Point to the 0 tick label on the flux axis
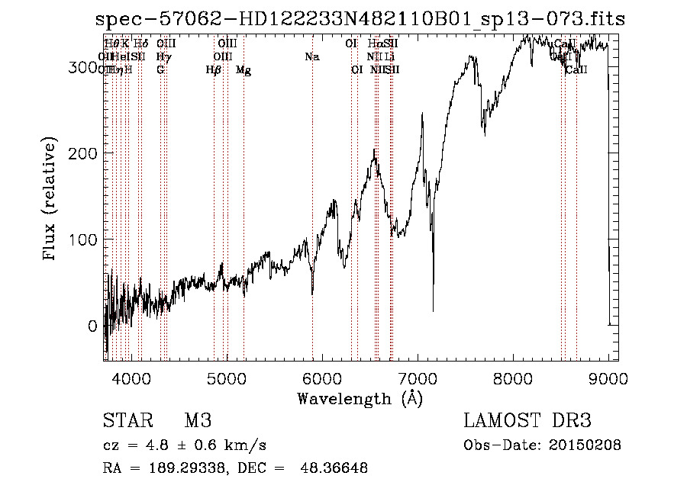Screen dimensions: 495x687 [92, 326]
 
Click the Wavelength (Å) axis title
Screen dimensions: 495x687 [360, 398]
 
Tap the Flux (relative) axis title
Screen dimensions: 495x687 [50, 200]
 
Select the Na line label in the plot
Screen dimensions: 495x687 [311, 56]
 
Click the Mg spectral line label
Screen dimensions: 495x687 [244, 70]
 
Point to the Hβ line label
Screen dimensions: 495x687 [214, 70]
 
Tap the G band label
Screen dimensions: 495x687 [160, 70]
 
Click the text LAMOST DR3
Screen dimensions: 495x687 [527, 421]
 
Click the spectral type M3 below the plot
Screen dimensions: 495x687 [198, 421]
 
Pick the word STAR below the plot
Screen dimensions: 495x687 [127, 421]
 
